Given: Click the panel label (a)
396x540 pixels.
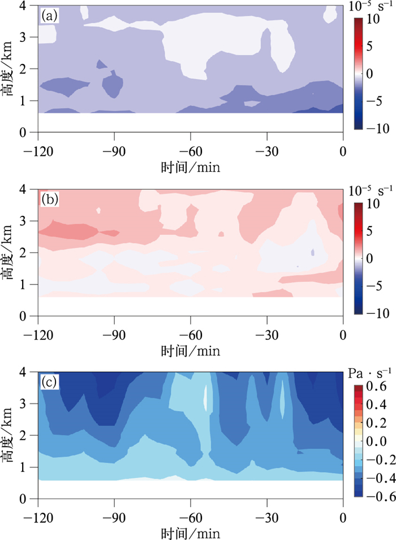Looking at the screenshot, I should coord(49,16).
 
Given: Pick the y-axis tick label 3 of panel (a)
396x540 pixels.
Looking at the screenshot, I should coord(26,37).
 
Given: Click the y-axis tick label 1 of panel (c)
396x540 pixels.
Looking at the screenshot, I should coord(26,467).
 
